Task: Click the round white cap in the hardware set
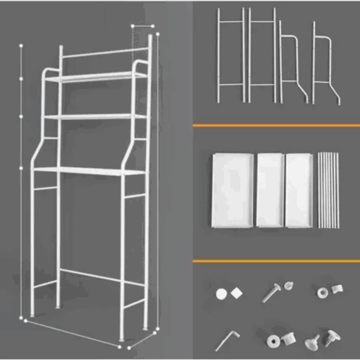point(221,294)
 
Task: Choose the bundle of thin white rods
point(327,190)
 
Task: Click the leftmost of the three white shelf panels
point(232,190)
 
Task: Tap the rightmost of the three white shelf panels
point(298,190)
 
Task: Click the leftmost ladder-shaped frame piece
point(230,55)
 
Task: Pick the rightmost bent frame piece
point(327,63)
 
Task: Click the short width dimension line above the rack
point(141,25)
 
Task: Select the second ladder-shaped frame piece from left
point(262,55)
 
